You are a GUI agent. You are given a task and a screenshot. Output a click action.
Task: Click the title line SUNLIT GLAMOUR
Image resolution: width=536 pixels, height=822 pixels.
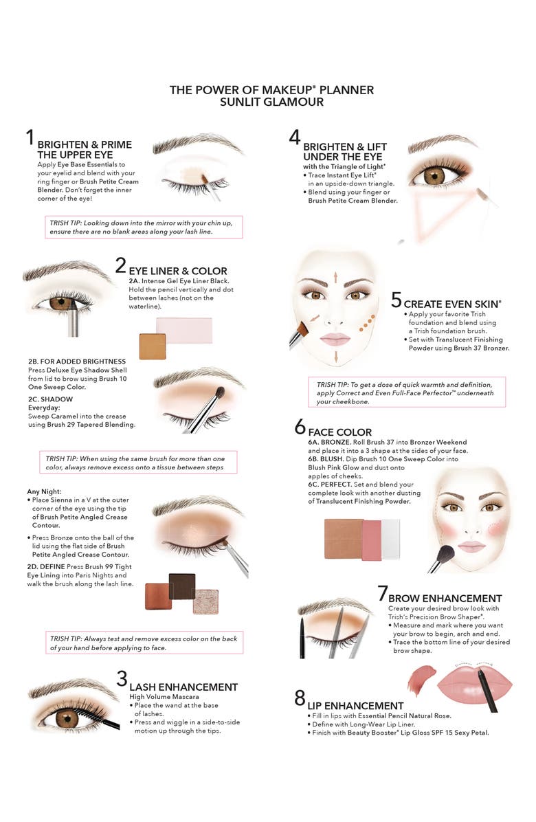[272, 102]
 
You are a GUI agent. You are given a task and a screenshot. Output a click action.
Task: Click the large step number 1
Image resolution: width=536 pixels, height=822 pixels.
[30, 137]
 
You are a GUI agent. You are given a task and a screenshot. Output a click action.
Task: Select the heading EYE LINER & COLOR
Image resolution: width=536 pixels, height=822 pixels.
[178, 271]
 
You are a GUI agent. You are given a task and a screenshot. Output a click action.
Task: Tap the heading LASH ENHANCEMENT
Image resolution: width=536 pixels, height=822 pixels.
[183, 687]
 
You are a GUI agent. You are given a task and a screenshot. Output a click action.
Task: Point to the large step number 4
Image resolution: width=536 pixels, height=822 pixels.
[295, 138]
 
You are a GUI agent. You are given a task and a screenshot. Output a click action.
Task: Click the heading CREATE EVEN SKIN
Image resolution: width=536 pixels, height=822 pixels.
[453, 303]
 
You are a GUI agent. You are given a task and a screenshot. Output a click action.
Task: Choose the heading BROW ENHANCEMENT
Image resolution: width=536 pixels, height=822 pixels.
[445, 598]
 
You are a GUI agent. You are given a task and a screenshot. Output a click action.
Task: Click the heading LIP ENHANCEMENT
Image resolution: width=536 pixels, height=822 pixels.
[355, 705]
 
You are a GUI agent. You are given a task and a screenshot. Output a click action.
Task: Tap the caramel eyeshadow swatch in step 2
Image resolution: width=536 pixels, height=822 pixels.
[153, 346]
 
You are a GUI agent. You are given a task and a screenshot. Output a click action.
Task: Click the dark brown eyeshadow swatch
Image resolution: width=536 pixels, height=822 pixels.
[182, 586]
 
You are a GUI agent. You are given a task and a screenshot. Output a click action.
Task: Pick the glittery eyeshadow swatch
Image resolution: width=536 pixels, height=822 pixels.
[205, 601]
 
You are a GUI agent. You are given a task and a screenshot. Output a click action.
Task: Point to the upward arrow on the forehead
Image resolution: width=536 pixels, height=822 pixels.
[335, 277]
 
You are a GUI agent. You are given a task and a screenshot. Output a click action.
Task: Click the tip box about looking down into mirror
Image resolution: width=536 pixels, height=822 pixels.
[143, 227]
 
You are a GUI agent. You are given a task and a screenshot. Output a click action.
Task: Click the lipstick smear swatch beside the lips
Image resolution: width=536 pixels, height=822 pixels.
[417, 680]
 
